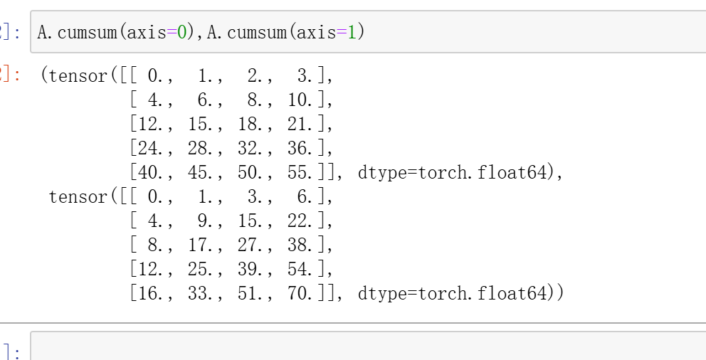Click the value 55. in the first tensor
click(x=302, y=173)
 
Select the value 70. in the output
click(x=302, y=294)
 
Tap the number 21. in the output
click(x=302, y=125)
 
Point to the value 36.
click(x=302, y=149)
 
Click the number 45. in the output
click(x=203, y=173)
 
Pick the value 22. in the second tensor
click(x=302, y=221)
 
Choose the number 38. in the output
click(x=302, y=245)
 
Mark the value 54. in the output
click(x=302, y=270)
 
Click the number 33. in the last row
click(x=203, y=294)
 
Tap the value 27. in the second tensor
click(x=253, y=245)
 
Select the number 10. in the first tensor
click(x=302, y=100)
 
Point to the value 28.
click(x=203, y=149)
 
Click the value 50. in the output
click(x=253, y=173)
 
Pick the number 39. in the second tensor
click(x=253, y=270)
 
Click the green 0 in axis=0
click(x=181, y=33)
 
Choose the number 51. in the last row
click(x=253, y=294)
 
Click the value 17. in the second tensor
click(x=203, y=245)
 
